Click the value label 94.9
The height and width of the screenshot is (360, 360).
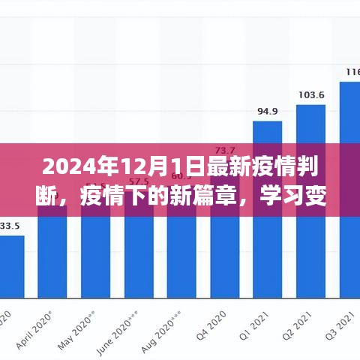[267, 112]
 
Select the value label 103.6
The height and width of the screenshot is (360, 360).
[310, 95]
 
